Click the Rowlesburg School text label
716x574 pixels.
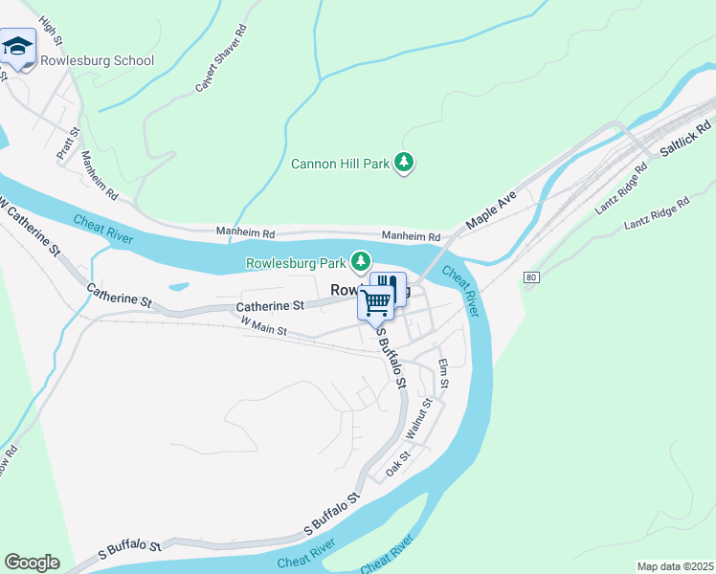point(97,61)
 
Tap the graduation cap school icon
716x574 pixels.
point(18,47)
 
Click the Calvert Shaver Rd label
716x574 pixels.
point(221,69)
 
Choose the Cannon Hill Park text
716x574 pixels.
point(340,164)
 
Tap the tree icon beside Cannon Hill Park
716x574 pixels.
point(405,163)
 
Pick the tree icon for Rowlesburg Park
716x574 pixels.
point(361,260)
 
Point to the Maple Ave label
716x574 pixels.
point(491,211)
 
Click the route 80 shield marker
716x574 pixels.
point(531,277)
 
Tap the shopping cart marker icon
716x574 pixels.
point(377,301)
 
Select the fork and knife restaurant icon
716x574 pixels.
point(388,286)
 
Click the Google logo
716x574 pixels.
point(32,563)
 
